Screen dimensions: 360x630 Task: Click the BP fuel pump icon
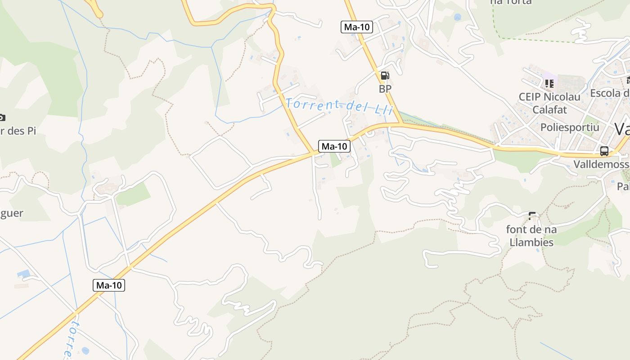pyautogui.click(x=385, y=76)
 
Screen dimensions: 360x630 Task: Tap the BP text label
pyautogui.click(x=385, y=89)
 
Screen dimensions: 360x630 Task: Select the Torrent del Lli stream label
pyautogui.click(x=340, y=106)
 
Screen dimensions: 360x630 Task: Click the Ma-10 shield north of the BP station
pyautogui.click(x=357, y=27)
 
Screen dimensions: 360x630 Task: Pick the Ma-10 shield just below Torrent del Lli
pyautogui.click(x=334, y=146)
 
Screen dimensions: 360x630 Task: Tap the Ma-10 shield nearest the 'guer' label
pyautogui.click(x=109, y=285)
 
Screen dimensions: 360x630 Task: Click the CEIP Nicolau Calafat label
pyautogui.click(x=549, y=103)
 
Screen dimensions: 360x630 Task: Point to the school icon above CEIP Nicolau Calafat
pyautogui.click(x=549, y=83)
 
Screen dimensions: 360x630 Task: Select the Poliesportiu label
pyautogui.click(x=570, y=127)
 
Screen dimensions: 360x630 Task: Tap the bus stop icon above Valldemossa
pyautogui.click(x=604, y=151)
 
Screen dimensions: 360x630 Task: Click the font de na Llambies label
pyautogui.click(x=531, y=236)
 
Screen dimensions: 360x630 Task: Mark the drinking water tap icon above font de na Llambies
pyautogui.click(x=532, y=216)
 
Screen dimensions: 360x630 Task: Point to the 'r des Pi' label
pyautogui.click(x=18, y=131)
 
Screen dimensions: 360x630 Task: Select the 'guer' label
pyautogui.click(x=12, y=213)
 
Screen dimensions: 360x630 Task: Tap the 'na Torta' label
pyautogui.click(x=511, y=2)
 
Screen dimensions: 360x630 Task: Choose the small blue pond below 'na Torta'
pyautogui.click(x=458, y=17)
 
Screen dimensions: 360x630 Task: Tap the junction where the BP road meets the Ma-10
pyautogui.click(x=401, y=124)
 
